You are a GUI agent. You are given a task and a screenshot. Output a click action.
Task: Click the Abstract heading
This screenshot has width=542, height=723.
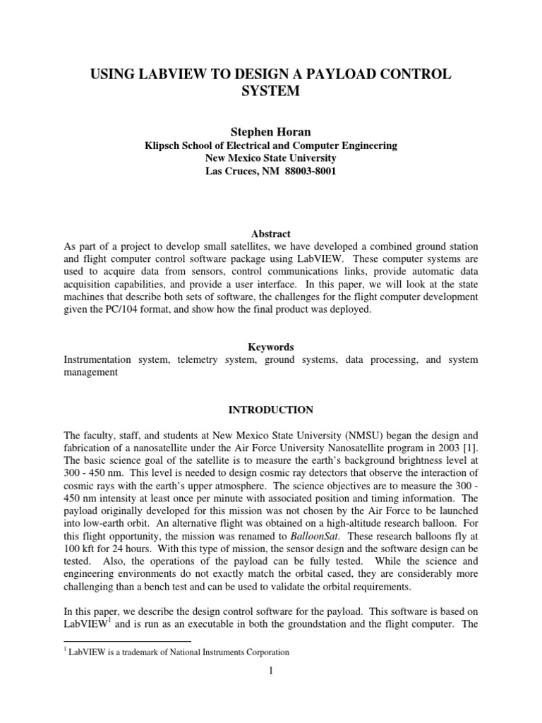pyautogui.click(x=270, y=234)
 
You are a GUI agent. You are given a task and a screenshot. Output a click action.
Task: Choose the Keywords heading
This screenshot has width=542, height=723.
pyautogui.click(x=270, y=347)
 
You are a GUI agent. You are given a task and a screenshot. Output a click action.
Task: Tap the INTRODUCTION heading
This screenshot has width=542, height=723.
pyautogui.click(x=270, y=410)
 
